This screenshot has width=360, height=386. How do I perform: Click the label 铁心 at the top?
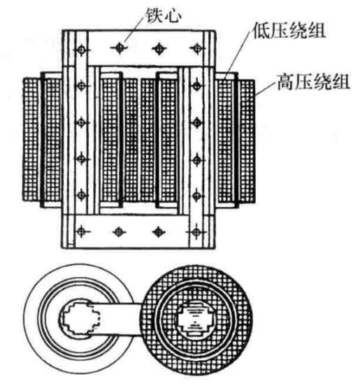point(163,15)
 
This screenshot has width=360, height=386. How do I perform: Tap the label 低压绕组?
point(289,31)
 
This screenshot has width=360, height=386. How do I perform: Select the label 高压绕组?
point(313,82)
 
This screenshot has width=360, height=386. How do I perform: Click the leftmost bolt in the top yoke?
point(81,50)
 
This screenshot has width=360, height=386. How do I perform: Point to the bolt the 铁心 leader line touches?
point(120,48)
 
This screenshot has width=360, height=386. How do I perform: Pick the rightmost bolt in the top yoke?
point(197,48)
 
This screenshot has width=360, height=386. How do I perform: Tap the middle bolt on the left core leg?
point(82,122)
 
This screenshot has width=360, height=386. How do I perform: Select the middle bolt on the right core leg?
point(196,122)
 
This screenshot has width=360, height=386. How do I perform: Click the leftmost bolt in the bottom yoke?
point(82,231)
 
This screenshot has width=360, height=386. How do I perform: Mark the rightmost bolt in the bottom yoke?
point(196,232)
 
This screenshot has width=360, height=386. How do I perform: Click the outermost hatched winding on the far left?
point(30,139)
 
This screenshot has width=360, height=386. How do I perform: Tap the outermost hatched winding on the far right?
point(247,140)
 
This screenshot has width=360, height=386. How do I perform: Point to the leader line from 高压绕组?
point(266,89)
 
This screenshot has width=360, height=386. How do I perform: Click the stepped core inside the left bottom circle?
point(80,317)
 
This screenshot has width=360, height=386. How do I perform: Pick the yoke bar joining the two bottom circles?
point(120,318)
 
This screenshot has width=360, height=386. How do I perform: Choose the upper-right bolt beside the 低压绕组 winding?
point(196,86)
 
